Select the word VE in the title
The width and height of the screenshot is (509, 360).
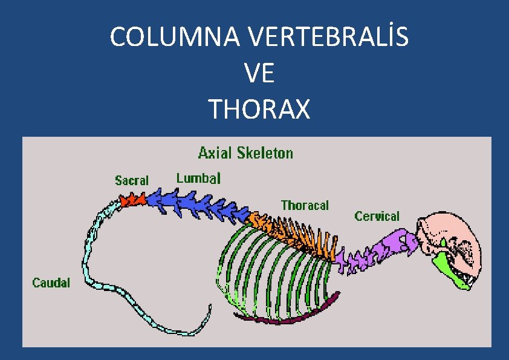259,74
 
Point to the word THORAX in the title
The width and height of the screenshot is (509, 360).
259,110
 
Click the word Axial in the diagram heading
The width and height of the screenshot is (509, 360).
215,152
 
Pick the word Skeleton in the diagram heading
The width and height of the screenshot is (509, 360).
265,152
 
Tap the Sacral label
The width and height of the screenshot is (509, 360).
132,180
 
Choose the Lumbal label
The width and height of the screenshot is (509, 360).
198,178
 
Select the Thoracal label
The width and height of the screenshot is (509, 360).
305,206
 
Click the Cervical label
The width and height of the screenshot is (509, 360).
377,216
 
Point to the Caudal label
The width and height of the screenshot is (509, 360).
51,283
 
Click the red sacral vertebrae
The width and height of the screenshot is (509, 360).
132,200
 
